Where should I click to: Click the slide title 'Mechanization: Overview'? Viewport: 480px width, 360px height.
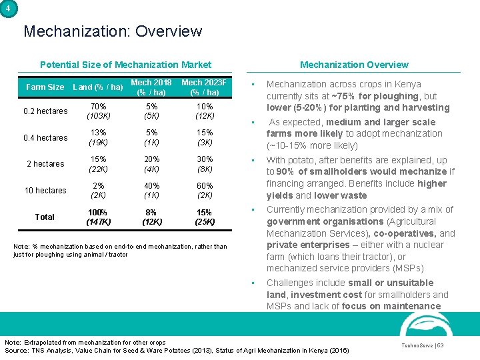point(113,31)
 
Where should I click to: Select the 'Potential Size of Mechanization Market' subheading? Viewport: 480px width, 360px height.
point(125,65)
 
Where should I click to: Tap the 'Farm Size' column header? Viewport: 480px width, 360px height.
point(45,87)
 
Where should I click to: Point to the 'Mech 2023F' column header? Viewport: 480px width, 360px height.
point(205,87)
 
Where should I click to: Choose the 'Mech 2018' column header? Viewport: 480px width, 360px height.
point(151,87)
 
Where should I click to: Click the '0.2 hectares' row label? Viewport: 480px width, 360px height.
point(46,111)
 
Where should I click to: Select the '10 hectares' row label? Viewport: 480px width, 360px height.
point(45,191)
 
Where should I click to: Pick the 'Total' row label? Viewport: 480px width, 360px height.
point(45,217)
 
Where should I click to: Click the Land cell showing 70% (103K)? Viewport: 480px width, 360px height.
point(99,111)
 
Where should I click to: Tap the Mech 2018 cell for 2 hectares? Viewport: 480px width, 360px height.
point(151,164)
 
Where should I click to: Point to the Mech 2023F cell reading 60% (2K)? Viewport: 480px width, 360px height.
point(205,191)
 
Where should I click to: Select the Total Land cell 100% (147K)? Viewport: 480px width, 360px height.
point(99,217)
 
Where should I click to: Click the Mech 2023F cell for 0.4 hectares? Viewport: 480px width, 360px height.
point(205,138)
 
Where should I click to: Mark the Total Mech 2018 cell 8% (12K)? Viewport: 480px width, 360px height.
point(151,217)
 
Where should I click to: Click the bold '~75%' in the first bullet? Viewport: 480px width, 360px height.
point(341,96)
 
